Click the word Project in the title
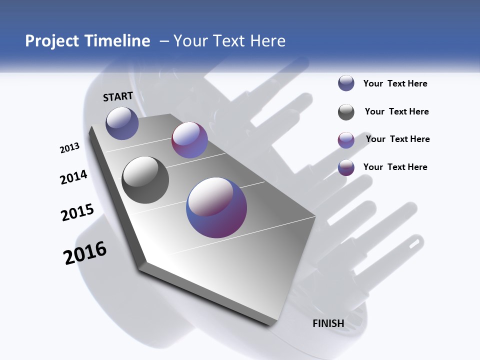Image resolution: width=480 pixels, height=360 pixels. point(51,41)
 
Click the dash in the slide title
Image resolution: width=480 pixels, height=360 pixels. point(164,41)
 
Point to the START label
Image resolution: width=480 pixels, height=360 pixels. point(118,96)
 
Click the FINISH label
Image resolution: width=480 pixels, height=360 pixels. point(328,323)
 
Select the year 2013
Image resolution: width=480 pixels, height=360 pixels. point(69,147)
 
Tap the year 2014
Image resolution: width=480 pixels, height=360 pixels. point(73,177)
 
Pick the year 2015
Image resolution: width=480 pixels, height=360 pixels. point(77,212)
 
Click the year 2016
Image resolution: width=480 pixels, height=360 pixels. point(85,253)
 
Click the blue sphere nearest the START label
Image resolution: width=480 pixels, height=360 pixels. point(122,123)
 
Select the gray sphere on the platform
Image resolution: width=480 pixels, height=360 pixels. point(145,179)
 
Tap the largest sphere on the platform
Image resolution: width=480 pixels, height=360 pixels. point(216,207)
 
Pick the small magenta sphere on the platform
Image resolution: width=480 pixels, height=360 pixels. point(189,140)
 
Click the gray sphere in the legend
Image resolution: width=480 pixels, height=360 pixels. point(346,112)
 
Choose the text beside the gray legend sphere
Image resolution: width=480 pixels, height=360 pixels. point(396,111)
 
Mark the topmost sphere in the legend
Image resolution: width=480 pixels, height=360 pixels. point(346,83)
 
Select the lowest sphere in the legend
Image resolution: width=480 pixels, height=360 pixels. point(346,167)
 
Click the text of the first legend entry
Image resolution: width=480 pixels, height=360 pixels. point(395,83)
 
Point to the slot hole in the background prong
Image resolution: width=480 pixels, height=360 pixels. point(413,242)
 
